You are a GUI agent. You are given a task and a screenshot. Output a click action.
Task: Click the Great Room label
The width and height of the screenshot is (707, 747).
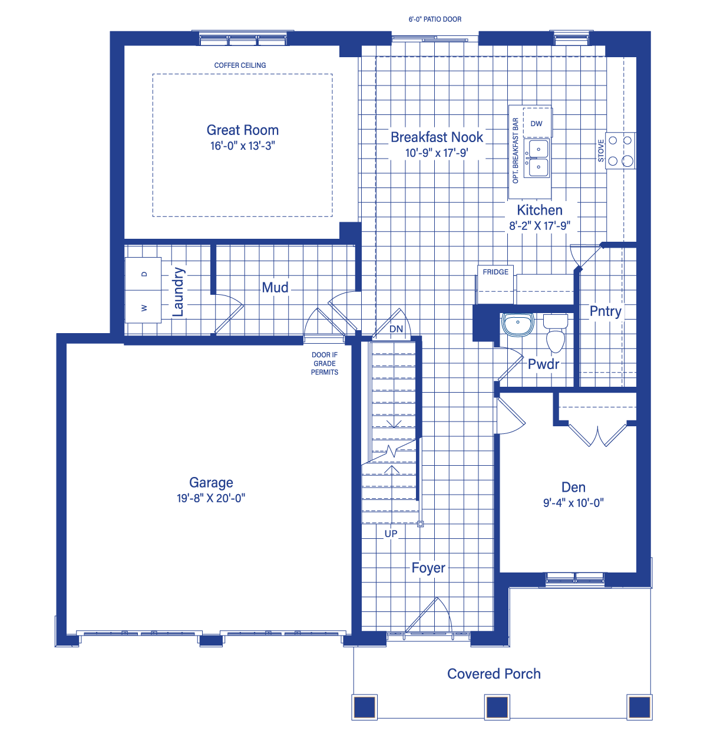pos(242,130)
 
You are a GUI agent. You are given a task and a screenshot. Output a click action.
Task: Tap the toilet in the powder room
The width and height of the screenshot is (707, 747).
pos(555,333)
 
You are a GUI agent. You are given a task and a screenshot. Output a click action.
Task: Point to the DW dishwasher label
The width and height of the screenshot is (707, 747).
pos(536,123)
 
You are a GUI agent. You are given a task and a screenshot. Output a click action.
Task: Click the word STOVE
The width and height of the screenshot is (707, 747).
pos(601,150)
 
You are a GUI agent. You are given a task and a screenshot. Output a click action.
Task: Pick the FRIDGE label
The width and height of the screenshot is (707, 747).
pos(495,272)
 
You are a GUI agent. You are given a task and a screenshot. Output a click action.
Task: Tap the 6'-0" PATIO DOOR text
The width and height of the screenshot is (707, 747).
pos(435,19)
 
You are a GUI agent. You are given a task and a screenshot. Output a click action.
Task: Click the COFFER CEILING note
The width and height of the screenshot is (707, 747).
pos(240,65)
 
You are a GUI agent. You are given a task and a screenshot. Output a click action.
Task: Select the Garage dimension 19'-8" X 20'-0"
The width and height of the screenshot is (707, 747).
pos(211,498)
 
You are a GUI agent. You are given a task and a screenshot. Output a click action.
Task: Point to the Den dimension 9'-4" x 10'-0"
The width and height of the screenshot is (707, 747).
pos(573,503)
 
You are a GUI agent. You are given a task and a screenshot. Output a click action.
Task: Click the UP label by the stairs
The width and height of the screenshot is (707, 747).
pos(391,534)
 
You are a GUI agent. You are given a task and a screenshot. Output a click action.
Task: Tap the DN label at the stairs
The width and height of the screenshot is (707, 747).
pos(396,329)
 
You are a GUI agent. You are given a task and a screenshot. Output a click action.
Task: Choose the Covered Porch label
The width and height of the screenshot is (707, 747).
pos(494,674)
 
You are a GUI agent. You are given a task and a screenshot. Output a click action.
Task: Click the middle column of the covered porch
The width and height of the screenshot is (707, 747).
pos(497,707)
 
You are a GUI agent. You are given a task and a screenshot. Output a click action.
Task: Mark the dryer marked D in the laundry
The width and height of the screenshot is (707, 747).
pos(143,274)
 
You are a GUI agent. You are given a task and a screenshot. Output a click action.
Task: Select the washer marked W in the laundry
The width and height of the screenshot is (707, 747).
pos(143,307)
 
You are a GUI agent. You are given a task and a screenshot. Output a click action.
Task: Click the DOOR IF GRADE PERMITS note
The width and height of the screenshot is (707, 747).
pos(324,364)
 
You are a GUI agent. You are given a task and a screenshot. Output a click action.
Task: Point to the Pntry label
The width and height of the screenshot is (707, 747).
pos(605,311)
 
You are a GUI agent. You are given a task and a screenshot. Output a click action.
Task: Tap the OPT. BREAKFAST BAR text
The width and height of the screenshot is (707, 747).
pos(516,150)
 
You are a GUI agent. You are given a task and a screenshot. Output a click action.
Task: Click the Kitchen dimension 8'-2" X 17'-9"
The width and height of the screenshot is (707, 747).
pos(540,226)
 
